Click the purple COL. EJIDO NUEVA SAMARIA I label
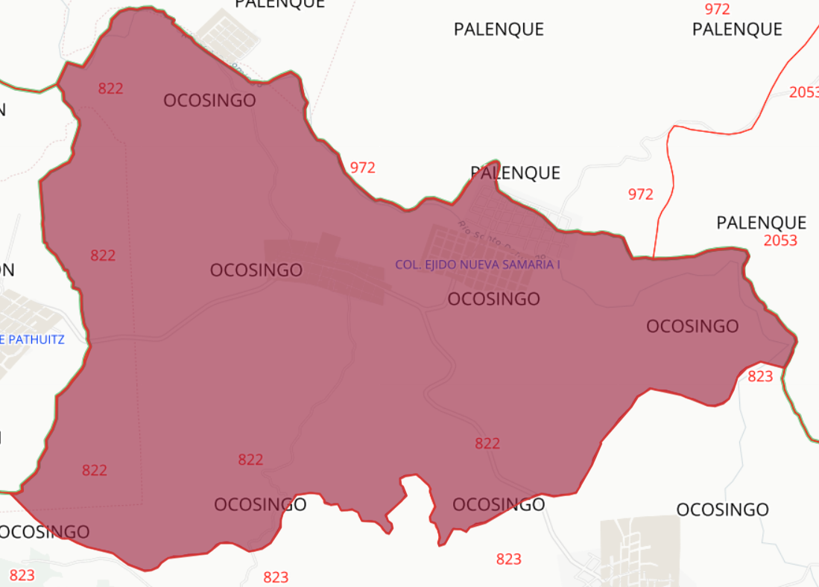477,264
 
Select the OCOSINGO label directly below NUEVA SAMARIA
493,299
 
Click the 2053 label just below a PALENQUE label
780,241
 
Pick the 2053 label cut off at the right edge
804,92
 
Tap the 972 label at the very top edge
717,9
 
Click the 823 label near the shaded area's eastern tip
760,376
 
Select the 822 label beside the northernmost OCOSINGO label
110,89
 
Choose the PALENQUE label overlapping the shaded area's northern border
515,173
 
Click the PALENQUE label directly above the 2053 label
761,223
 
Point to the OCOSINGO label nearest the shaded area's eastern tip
692,326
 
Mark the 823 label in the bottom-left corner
22,575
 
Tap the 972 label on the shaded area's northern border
362,168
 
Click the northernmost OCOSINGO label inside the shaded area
209,101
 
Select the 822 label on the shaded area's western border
103,256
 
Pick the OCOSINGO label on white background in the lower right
722,510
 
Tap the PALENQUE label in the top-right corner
737,29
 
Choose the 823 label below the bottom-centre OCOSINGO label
508,559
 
